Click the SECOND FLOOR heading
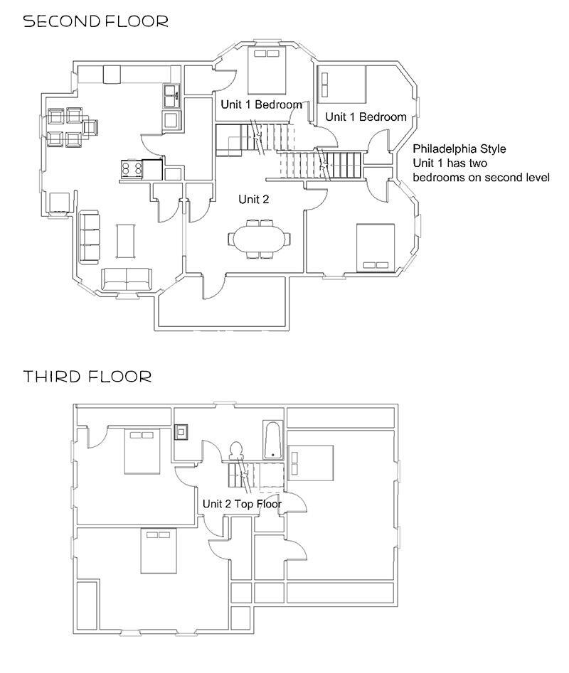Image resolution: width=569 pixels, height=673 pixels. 96,21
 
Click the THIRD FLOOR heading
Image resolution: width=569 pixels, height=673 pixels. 87,376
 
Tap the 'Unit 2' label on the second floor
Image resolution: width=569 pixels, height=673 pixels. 254,200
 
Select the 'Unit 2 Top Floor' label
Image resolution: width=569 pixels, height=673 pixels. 242,504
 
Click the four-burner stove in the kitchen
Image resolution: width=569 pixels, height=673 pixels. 132,168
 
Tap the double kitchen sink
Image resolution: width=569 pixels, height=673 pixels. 171,95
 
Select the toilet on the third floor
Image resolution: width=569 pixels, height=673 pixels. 236,452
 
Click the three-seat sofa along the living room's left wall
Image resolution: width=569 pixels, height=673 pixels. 90,237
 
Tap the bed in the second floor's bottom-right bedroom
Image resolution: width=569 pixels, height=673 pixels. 375,247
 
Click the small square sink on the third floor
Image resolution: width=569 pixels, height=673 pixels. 182,431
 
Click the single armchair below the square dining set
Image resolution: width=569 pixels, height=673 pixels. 59,203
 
